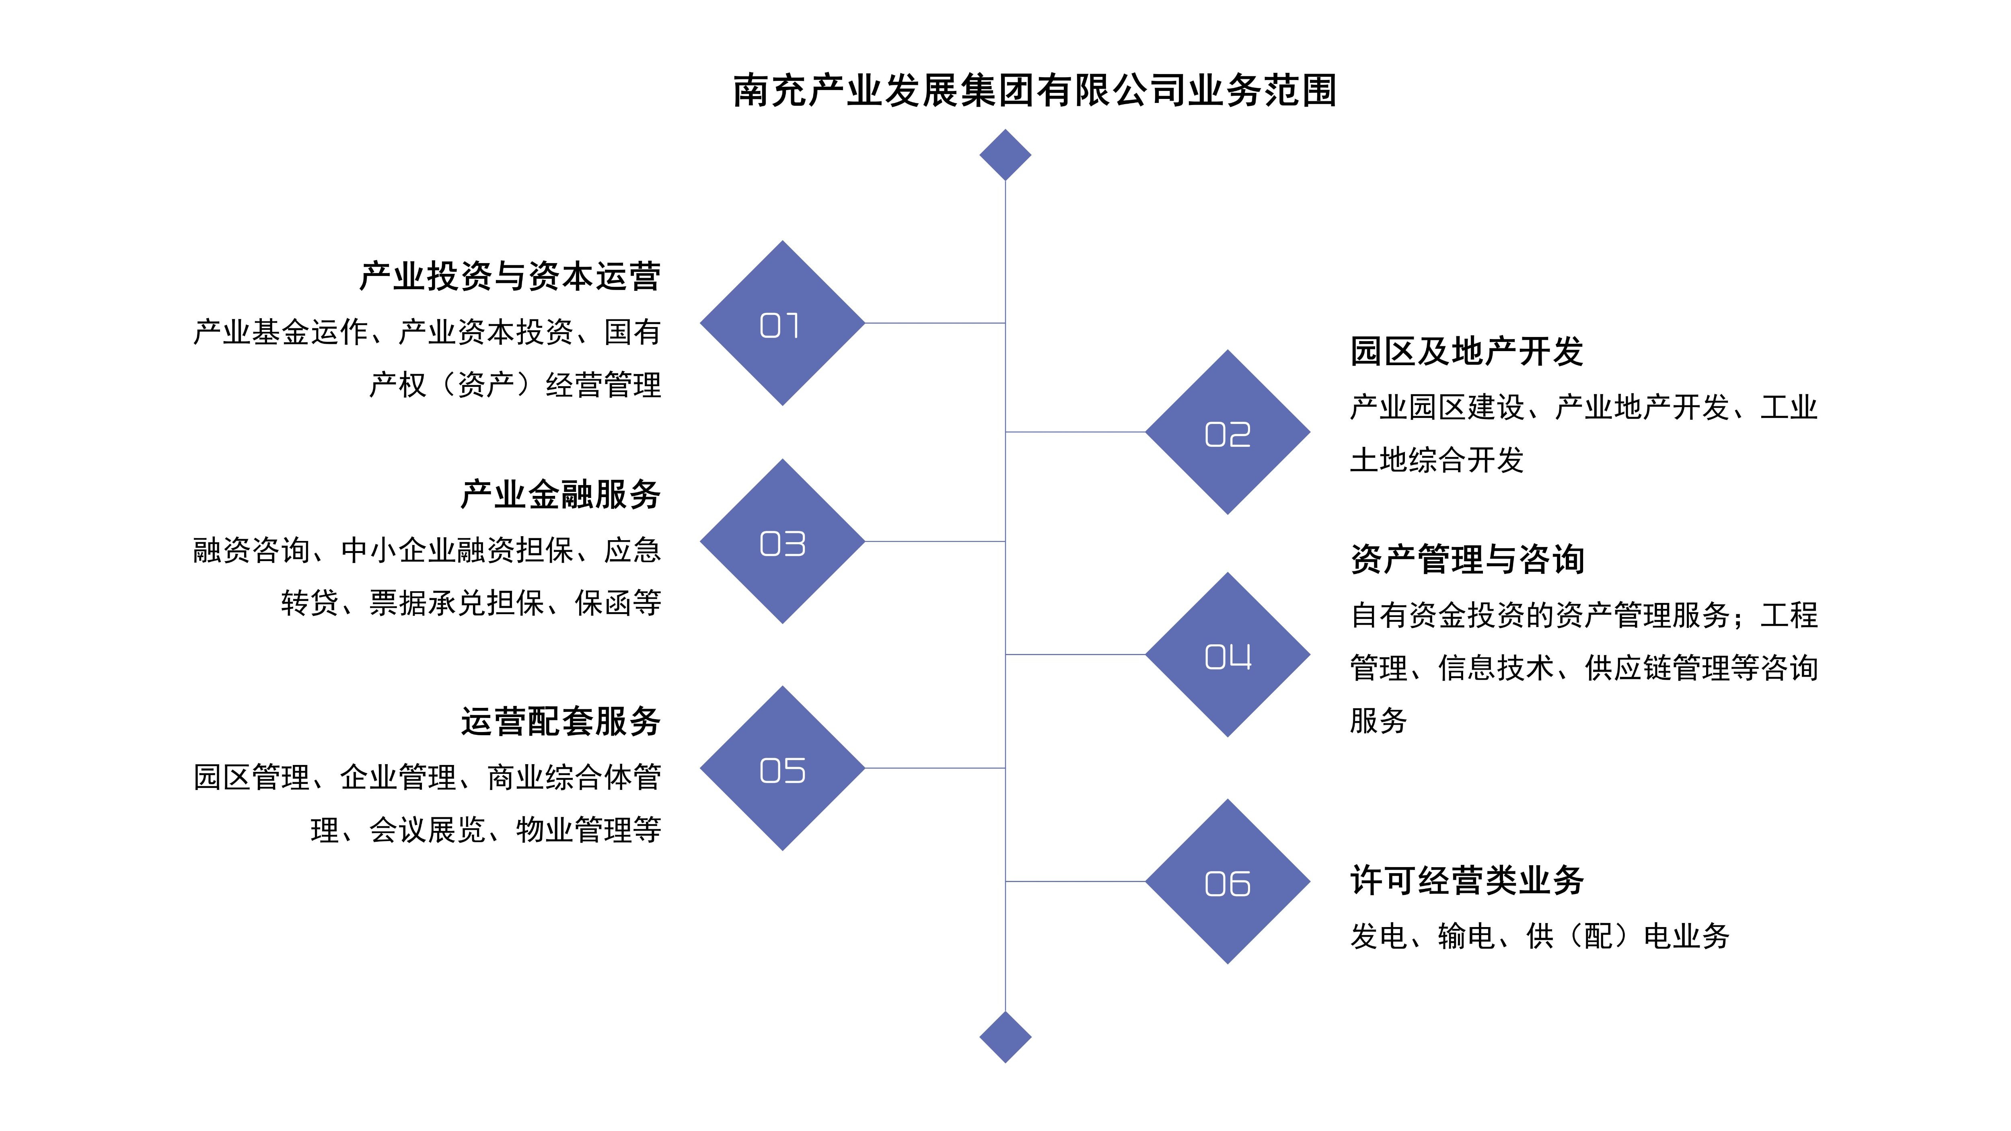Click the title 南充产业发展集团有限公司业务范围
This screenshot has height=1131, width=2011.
click(1034, 90)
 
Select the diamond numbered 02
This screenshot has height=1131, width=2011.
click(1227, 432)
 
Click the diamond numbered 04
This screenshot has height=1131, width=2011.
click(1227, 655)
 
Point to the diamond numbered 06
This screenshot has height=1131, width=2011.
click(1227, 882)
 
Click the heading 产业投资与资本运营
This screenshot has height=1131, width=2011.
click(510, 276)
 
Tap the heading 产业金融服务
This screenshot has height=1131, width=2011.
click(561, 495)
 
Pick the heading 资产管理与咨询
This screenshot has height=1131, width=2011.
click(1467, 559)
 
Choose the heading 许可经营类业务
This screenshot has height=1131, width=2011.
click(1467, 880)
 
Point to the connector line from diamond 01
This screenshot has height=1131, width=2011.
click(934, 323)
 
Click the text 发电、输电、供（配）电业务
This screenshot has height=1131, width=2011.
click(1540, 936)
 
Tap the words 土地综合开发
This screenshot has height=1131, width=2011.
click(1436, 460)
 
